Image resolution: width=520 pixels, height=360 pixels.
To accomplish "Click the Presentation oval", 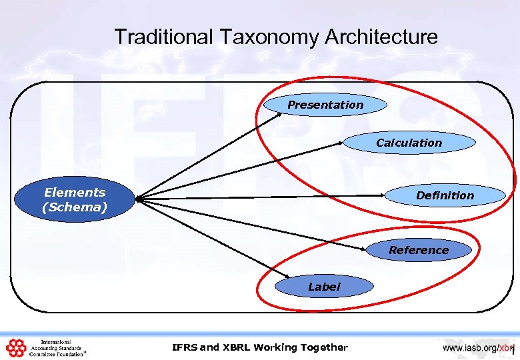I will click(325, 105).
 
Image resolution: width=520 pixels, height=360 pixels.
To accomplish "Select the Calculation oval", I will click(409, 143).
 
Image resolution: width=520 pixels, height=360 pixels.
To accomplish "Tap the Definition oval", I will click(445, 195).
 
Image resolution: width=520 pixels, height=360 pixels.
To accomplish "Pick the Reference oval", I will click(419, 250).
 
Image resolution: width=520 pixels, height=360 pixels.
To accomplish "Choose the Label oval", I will click(324, 287).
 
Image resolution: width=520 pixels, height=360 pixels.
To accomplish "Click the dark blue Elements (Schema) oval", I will click(75, 199).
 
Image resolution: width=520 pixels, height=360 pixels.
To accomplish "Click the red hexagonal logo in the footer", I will click(15, 347).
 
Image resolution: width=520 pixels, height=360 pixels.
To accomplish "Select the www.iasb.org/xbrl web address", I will click(477, 347).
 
